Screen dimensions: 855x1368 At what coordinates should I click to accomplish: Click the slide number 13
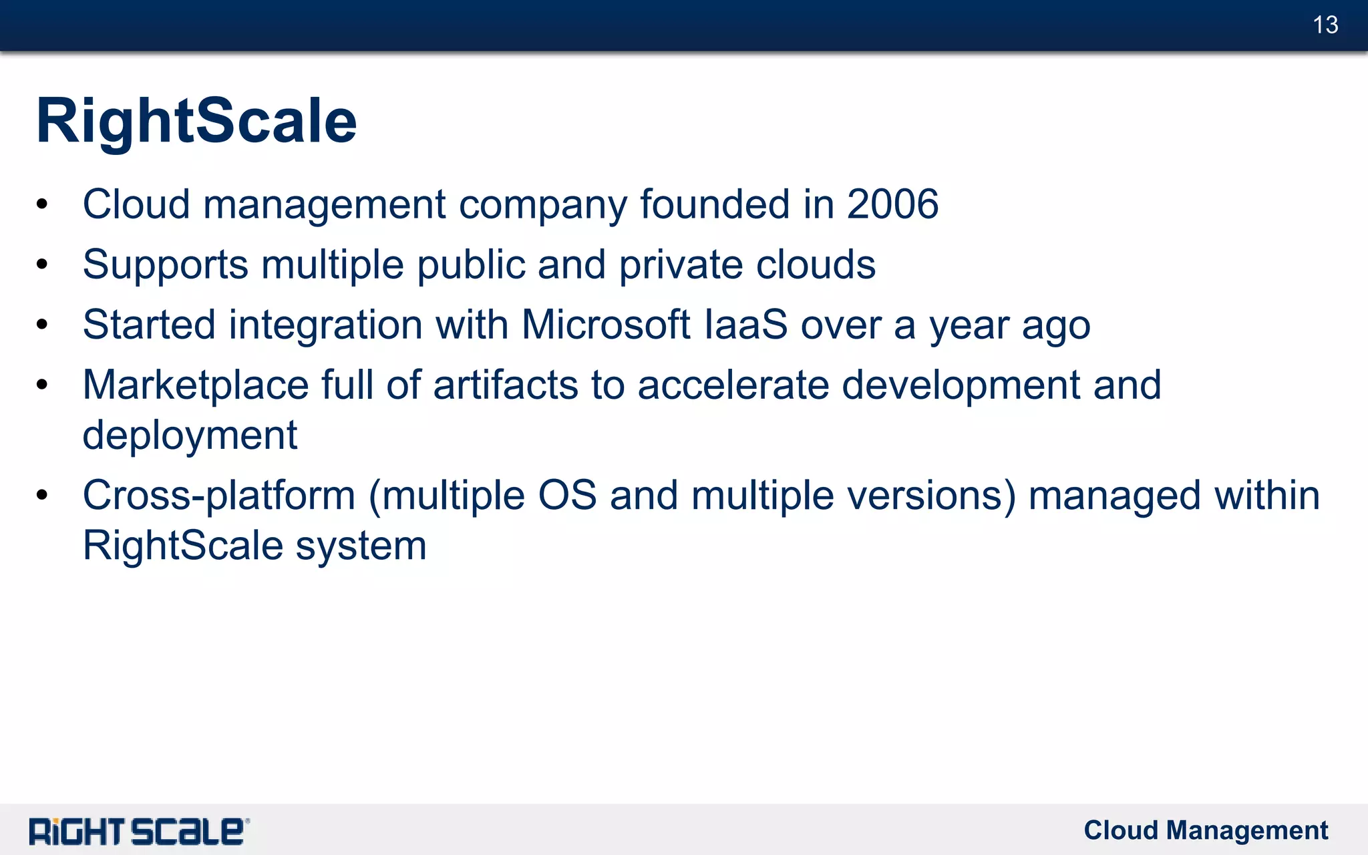coord(1325,25)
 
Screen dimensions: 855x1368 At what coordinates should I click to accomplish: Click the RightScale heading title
coord(196,121)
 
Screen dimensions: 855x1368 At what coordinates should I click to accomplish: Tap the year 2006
coord(892,204)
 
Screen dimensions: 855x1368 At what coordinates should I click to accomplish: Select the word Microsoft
coord(605,325)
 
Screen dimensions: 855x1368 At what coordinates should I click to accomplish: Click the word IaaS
coord(746,325)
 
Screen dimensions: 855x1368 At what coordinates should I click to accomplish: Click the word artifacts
coord(505,385)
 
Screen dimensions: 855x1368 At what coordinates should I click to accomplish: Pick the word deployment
coord(190,436)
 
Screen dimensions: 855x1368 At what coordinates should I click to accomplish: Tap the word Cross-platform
coord(218,496)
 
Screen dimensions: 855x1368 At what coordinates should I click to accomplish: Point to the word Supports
coord(166,265)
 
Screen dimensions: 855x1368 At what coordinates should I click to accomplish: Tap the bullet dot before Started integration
coord(42,325)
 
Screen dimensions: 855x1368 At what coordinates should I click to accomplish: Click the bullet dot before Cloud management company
coord(42,204)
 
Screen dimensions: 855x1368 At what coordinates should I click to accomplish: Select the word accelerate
coord(733,385)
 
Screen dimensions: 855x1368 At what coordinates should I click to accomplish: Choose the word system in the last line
coord(361,546)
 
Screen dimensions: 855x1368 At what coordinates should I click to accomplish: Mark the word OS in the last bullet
coord(567,496)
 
